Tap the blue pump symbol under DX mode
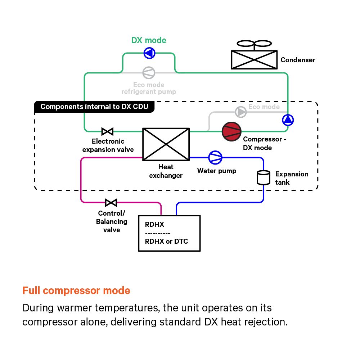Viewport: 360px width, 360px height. [x=149, y=53]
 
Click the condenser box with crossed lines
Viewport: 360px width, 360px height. [x=254, y=59]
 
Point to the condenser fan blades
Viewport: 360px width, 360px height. [x=254, y=44]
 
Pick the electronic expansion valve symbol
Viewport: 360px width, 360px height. [x=107, y=131]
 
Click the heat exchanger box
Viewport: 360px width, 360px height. [x=166, y=144]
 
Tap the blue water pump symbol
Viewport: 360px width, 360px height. [x=215, y=157]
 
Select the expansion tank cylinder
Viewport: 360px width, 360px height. [x=264, y=177]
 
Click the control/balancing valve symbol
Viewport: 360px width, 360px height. [x=111, y=202]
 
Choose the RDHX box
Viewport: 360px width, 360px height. [x=169, y=233]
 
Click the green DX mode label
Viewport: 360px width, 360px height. [x=149, y=40]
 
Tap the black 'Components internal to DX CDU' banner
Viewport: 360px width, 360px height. [x=94, y=107]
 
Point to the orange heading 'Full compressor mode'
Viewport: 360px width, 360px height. [x=76, y=291]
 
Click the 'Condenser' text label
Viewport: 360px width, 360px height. [x=298, y=60]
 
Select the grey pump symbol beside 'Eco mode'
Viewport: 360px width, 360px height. [x=241, y=112]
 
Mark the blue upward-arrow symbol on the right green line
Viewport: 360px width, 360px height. [x=288, y=120]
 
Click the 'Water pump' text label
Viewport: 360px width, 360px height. [x=217, y=171]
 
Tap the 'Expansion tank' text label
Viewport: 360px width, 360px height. [x=292, y=178]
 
